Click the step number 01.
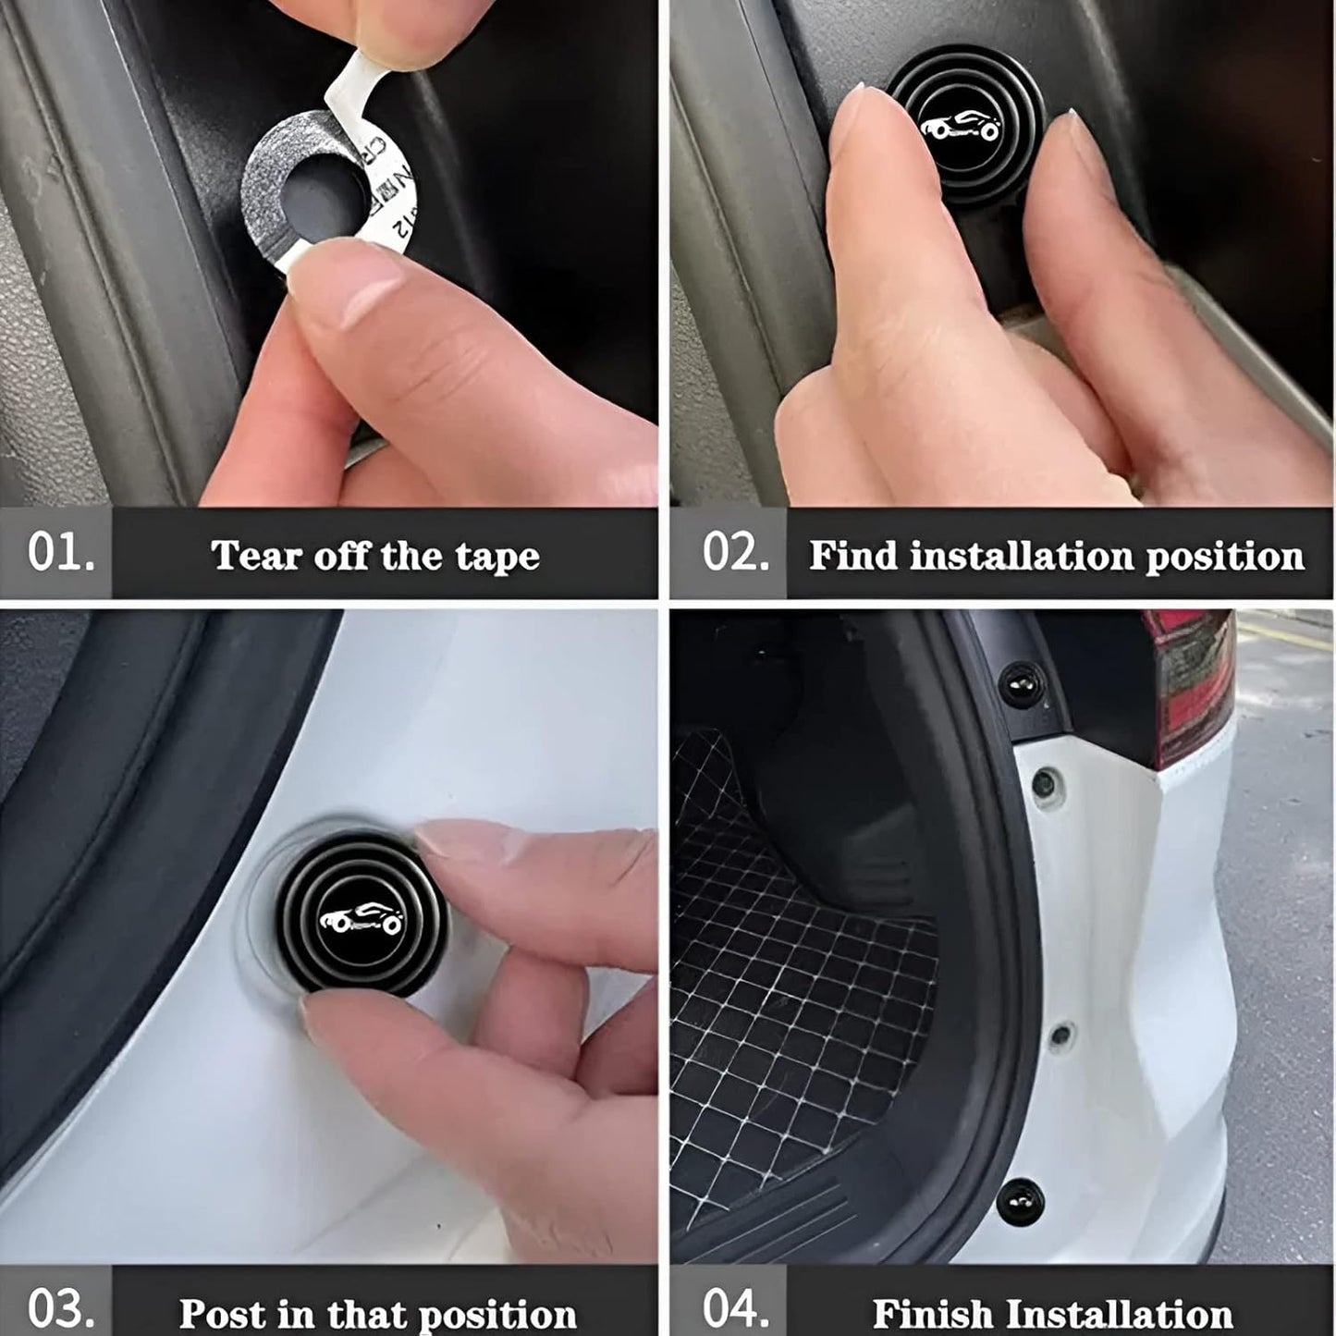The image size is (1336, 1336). pos(61,553)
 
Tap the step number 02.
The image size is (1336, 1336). pos(736,553)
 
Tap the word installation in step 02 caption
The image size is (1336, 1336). pos(1021,557)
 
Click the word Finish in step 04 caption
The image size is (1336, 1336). pos(932,1313)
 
